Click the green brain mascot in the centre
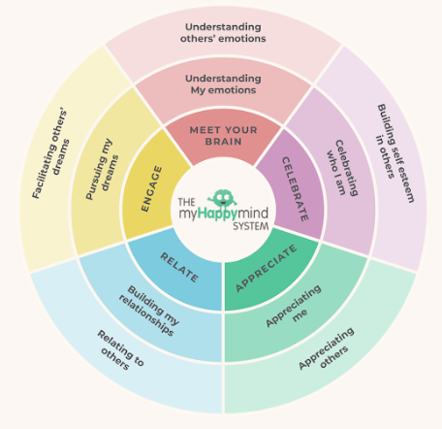pos(222,198)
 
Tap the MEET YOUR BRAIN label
pos(223,136)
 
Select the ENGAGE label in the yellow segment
pos(152,189)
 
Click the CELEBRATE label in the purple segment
pos(295,189)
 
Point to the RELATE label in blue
pos(179,267)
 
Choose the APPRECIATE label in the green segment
pos(266,268)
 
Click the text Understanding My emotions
pos(223,84)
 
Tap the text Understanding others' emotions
pos(223,33)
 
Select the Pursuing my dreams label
pos(102,169)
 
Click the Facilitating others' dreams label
pos(50,154)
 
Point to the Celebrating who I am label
pos(342,168)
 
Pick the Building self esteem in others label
pos(395,153)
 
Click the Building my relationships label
pos(149,311)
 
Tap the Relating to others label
pos(120,350)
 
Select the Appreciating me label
pos(294,306)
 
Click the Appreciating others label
pos(327,348)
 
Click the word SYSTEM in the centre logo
pos(251,226)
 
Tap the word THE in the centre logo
pos(187,202)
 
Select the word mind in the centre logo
pos(253,213)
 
